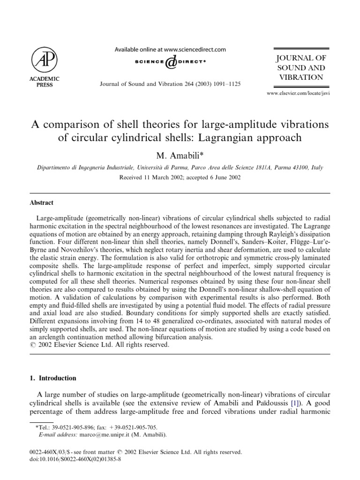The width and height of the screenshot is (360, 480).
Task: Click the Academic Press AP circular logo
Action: [45, 59]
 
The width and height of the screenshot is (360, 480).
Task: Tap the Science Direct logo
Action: [171, 62]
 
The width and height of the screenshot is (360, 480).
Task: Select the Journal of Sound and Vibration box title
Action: [301, 67]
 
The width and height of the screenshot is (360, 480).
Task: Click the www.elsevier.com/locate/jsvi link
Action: [298, 94]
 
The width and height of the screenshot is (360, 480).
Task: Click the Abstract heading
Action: [43, 202]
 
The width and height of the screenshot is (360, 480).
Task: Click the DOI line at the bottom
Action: [74, 460]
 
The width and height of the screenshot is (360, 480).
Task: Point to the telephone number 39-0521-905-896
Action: [73, 427]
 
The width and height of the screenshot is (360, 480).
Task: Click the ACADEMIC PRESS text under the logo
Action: [45, 82]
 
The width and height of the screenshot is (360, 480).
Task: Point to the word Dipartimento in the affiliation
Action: [55, 167]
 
